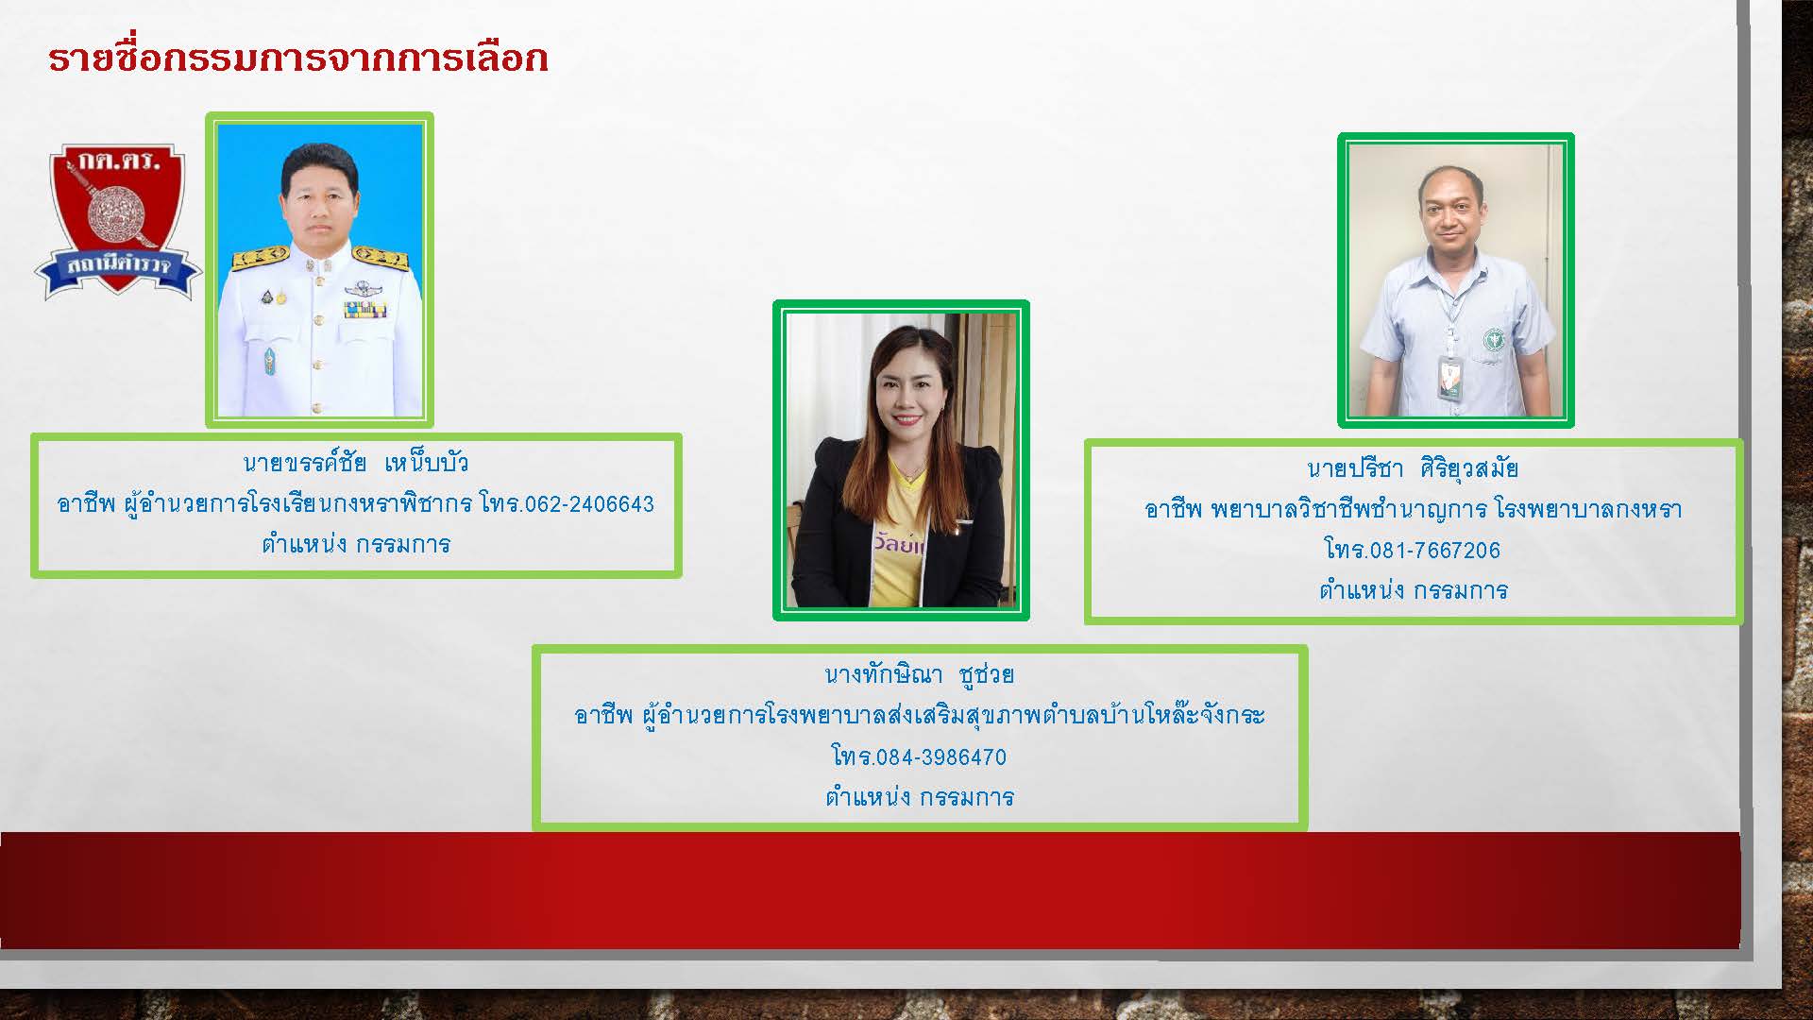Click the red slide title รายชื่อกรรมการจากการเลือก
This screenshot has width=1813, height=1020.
tap(297, 58)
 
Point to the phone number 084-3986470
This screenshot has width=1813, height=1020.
tap(941, 756)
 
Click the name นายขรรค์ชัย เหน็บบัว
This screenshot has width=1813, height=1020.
tap(356, 463)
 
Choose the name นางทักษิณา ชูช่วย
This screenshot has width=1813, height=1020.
tap(920, 674)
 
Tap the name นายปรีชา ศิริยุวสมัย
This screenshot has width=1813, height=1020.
tap(1413, 468)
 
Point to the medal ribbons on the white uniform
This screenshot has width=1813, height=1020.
tap(364, 309)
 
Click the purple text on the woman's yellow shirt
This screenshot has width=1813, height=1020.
tap(899, 546)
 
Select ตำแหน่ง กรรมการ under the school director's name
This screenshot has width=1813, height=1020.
tap(356, 544)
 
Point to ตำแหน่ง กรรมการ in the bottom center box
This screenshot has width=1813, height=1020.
tap(920, 797)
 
